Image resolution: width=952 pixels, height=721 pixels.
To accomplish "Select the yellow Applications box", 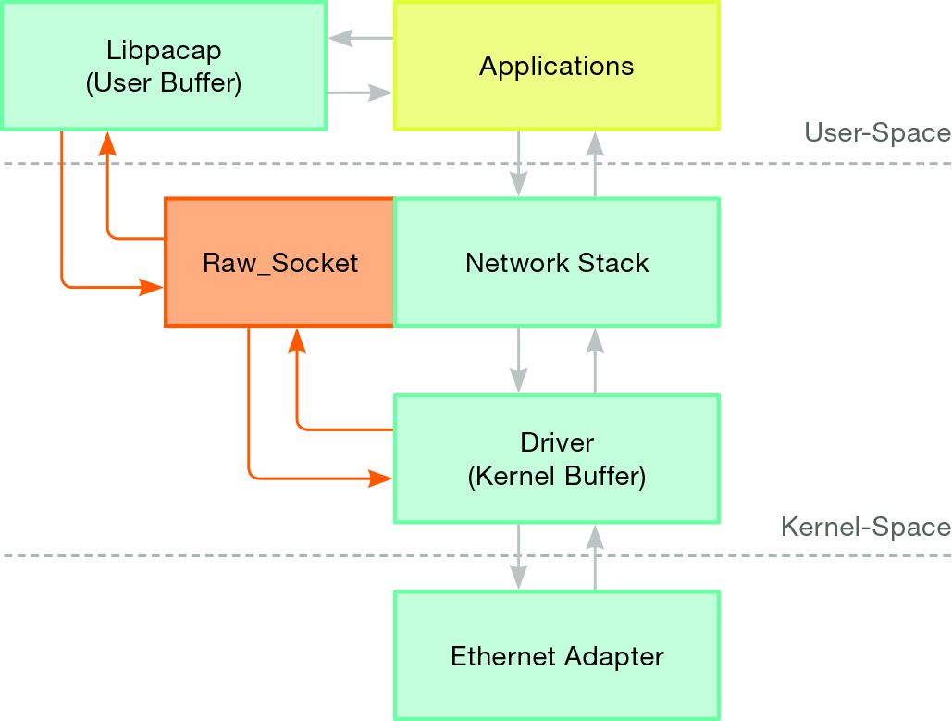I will pos(556,66).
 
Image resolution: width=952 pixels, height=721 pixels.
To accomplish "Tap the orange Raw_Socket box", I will pos(279,263).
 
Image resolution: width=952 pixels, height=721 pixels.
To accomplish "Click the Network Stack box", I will pos(556,263).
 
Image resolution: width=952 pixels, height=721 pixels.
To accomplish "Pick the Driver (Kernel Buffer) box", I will pos(556,459).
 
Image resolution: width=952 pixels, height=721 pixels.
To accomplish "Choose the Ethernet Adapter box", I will pos(556,656).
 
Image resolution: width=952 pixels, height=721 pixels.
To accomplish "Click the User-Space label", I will pos(877,133).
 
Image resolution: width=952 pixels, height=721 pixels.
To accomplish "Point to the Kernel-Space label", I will pos(866,527).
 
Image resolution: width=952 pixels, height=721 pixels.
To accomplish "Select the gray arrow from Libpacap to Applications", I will pos(360,93).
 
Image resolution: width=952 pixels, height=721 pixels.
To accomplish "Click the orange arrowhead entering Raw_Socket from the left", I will pos(152,288).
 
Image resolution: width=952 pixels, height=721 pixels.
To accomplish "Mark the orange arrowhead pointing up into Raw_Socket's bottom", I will pos(297,341).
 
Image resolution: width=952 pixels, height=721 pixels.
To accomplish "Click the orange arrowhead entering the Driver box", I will pos(380,479).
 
